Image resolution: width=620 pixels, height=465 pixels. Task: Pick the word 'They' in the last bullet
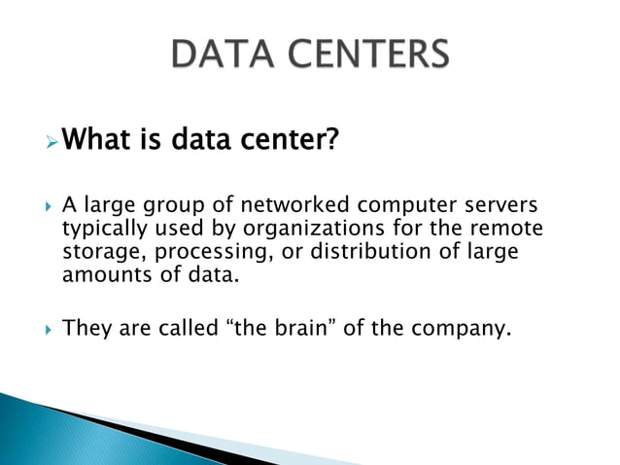[x=85, y=329]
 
